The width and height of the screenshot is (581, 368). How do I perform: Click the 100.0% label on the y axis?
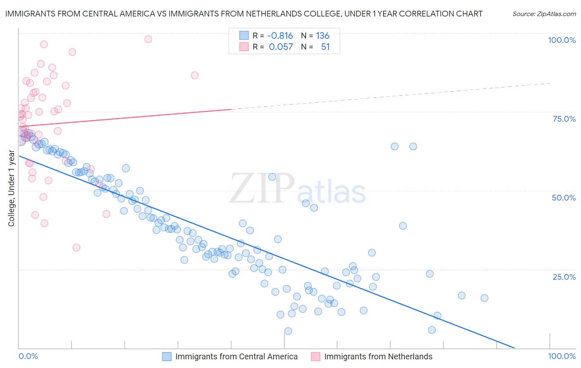[562, 40]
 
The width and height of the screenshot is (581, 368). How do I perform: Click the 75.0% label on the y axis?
[564, 119]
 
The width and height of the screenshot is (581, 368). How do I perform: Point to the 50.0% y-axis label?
[564, 198]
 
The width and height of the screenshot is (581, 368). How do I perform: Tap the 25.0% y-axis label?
[564, 277]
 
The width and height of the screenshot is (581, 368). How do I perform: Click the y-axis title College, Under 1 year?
[12, 189]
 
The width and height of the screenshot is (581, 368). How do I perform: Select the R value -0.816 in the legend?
[280, 36]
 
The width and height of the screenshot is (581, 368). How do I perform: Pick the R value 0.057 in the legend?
[281, 47]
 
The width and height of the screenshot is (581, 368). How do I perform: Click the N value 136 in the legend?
[323, 36]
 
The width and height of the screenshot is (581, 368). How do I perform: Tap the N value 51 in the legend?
[325, 47]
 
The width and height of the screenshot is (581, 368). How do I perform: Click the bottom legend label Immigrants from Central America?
[236, 357]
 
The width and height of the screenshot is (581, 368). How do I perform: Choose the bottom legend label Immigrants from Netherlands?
[378, 357]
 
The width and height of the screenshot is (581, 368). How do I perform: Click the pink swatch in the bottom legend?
[316, 357]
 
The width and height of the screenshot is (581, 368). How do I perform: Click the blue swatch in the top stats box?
[244, 36]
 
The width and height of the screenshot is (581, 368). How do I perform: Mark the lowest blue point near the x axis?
[288, 331]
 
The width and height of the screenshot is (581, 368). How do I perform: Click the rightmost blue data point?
[484, 298]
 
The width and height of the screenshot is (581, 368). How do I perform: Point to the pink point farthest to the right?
[195, 75]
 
